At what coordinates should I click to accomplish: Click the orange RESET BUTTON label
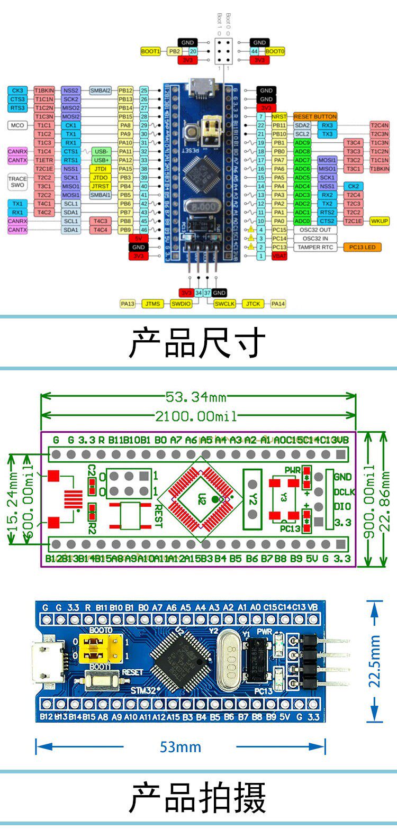[x=315, y=116]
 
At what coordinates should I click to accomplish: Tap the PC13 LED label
[x=363, y=247]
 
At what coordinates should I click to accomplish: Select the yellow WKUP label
[x=379, y=221]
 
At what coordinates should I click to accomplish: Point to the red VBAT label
[x=279, y=256]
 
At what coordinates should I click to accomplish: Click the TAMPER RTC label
[x=315, y=247]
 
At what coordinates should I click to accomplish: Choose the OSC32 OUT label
[x=315, y=230]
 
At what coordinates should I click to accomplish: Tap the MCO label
[x=17, y=125]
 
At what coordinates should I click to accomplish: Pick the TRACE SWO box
[x=17, y=182]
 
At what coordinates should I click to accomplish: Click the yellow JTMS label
[x=152, y=304]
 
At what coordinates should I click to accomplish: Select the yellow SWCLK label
[x=225, y=304]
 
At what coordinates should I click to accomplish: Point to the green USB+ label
[x=101, y=160]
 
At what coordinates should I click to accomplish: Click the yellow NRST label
[x=279, y=116]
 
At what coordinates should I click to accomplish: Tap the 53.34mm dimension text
[x=196, y=397]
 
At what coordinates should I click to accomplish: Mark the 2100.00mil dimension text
[x=196, y=416]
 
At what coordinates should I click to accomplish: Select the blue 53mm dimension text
[x=181, y=747]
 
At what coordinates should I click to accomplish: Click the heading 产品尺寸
[x=197, y=343]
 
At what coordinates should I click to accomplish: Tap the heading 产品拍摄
[x=197, y=798]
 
